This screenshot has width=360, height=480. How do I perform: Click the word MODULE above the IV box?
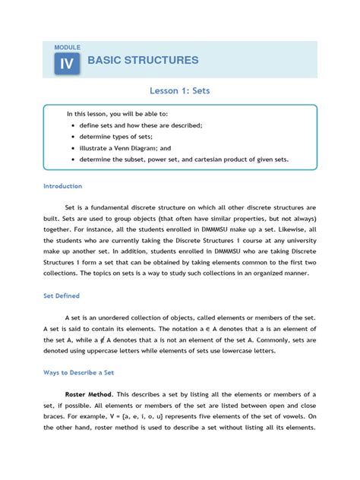pyautogui.click(x=68, y=47)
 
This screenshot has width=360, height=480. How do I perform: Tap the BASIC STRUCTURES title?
pyautogui.click(x=144, y=60)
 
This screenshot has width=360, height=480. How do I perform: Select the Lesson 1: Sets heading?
pyautogui.click(x=180, y=90)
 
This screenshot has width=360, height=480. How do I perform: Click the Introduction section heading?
pyautogui.click(x=63, y=185)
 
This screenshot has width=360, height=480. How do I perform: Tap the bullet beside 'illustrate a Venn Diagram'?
pyautogui.click(x=72, y=149)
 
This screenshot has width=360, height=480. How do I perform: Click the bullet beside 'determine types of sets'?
pyautogui.click(x=72, y=137)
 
